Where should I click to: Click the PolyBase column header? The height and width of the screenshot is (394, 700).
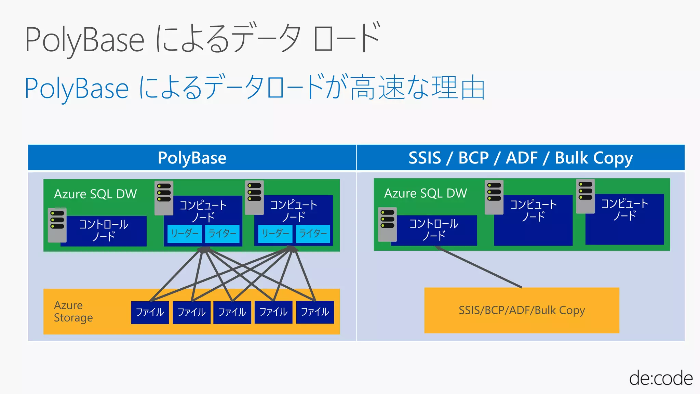click(192, 158)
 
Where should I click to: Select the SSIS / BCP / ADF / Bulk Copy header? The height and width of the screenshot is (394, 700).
click(520, 158)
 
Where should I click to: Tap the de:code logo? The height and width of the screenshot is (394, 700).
click(660, 379)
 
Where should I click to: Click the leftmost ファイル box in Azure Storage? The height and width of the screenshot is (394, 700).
click(150, 312)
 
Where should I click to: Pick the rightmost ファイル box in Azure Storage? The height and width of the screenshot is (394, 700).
click(315, 312)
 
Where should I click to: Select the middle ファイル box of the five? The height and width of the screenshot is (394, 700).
click(232, 312)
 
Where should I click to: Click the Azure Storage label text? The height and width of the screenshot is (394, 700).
click(73, 311)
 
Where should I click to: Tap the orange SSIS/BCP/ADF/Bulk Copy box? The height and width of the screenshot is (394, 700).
click(522, 310)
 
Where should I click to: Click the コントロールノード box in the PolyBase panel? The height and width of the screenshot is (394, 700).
click(104, 231)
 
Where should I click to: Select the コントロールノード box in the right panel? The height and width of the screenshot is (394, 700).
click(434, 230)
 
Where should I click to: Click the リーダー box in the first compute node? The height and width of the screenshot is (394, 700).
click(185, 234)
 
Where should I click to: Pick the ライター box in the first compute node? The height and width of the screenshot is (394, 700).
click(222, 234)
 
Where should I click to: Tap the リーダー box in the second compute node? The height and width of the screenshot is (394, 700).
click(275, 234)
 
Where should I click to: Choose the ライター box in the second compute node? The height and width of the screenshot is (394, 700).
click(313, 234)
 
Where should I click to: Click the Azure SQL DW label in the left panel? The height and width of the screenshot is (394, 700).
click(95, 194)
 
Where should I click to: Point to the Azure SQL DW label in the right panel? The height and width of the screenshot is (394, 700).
click(426, 193)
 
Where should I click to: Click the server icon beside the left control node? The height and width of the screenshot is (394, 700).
click(57, 225)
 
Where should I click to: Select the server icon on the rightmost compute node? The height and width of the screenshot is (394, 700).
click(585, 196)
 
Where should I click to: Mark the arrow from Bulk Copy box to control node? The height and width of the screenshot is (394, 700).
click(479, 268)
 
